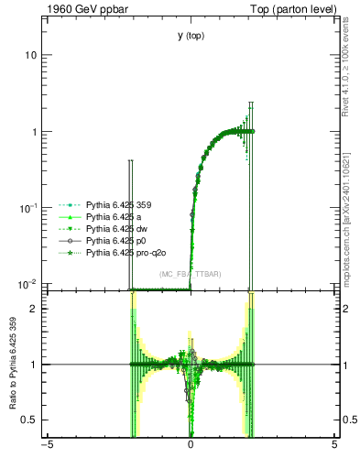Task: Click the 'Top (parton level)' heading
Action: [297, 9]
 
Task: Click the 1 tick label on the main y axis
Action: [33, 132]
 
